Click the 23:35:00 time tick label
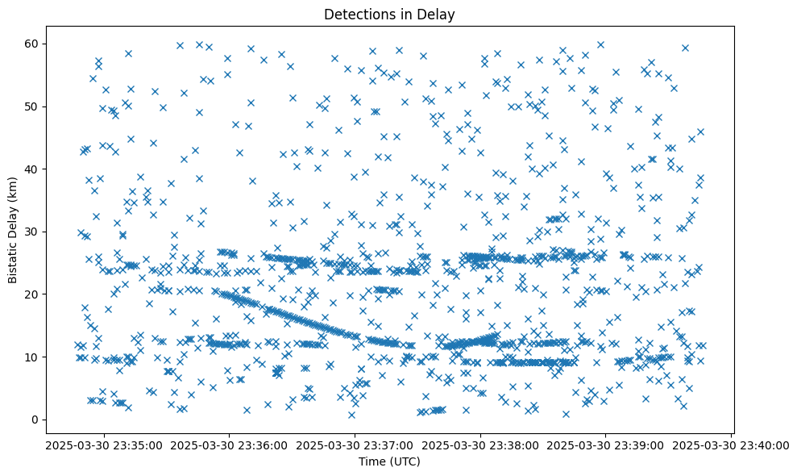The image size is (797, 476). (x=104, y=445)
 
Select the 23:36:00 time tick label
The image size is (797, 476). (x=230, y=445)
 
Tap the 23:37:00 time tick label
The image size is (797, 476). (x=355, y=445)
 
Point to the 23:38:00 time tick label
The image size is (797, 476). (x=481, y=445)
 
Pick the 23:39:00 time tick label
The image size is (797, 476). (x=606, y=445)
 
